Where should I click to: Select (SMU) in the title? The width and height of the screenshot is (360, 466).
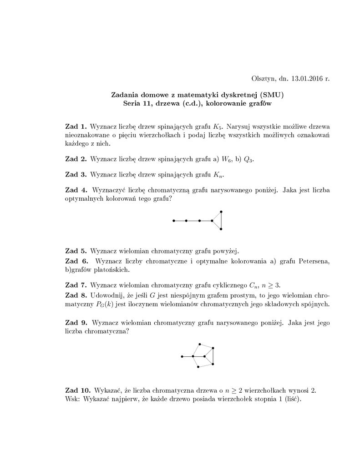tap(274, 95)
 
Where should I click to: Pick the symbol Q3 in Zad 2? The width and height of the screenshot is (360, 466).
tap(250, 159)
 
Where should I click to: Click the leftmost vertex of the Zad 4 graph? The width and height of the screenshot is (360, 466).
tap(173, 221)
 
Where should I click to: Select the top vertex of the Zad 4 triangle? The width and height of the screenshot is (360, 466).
tap(221, 212)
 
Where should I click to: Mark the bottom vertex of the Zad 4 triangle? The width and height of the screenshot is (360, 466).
tap(221, 229)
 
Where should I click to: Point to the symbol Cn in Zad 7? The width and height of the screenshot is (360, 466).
tap(253, 286)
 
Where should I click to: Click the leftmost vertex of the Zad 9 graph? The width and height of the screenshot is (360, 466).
tap(182, 356)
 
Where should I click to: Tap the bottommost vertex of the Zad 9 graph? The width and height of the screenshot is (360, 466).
tap(198, 367)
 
